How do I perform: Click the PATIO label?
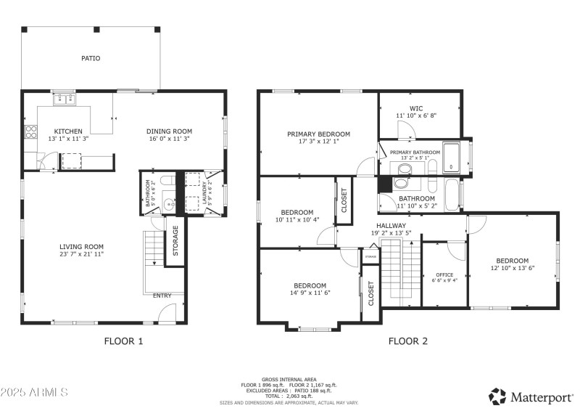[91, 58]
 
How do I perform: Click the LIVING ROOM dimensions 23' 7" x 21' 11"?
[81, 253]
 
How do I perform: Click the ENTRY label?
[162, 296]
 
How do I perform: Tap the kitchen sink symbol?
[64, 99]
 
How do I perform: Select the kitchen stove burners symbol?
[32, 132]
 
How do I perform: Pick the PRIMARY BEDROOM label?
[318, 134]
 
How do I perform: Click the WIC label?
[416, 108]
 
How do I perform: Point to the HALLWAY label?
[391, 226]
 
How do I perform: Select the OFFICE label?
[444, 274]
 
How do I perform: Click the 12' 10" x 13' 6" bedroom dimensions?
[512, 268]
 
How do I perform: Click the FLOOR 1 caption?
[123, 341]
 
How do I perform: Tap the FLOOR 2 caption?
[408, 341]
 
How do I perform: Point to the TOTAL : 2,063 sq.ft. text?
[289, 396]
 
